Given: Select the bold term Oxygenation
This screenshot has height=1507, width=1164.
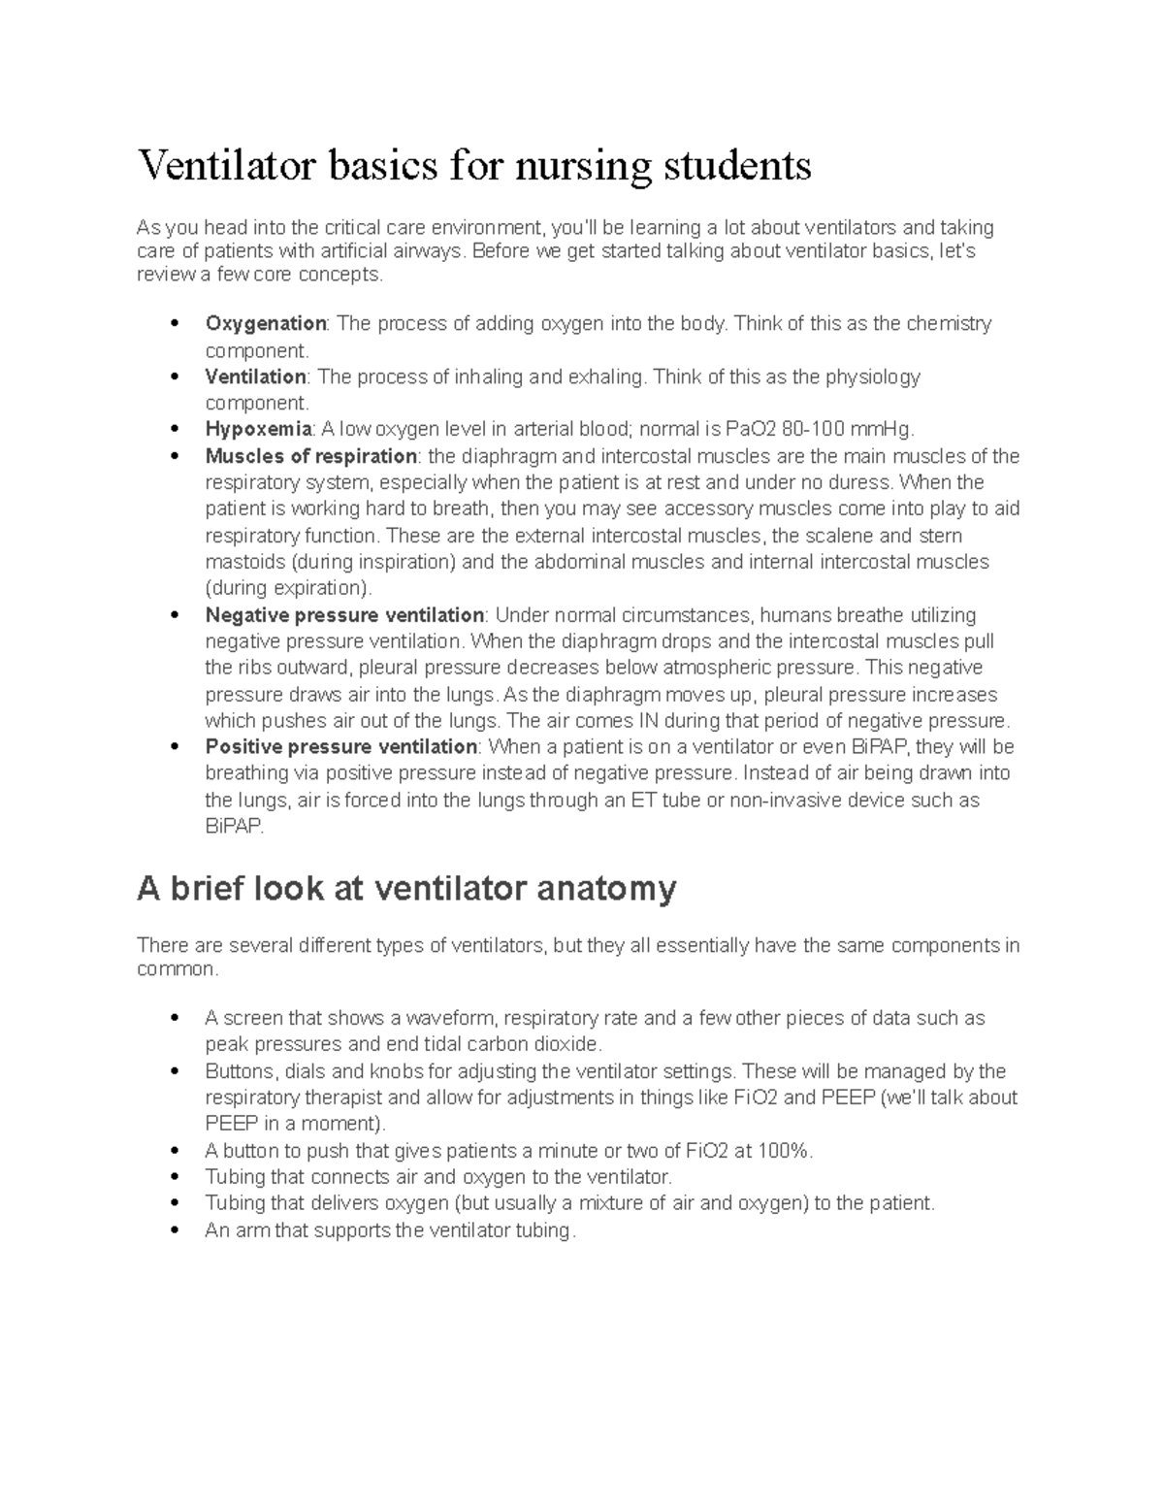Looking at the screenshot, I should pos(265,324).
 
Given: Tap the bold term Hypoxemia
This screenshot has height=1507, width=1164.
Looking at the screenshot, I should pos(258,430).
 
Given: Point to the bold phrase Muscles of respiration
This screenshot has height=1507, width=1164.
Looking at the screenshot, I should pos(310,456).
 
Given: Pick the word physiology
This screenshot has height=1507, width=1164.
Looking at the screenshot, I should pos(872,377).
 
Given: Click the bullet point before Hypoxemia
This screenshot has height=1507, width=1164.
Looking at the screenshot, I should pos(174,430).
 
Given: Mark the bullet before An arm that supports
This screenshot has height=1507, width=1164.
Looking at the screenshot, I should pos(174,1230).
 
